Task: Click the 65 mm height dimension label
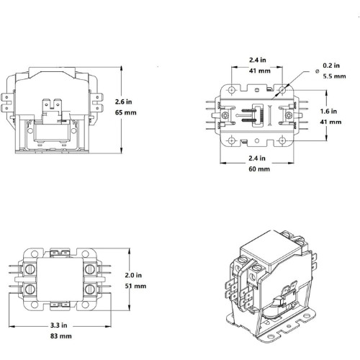click(125, 112)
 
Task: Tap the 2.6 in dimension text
click(123, 102)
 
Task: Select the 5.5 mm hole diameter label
click(334, 76)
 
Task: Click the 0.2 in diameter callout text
click(331, 66)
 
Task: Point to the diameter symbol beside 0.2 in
click(318, 71)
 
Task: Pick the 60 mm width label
click(259, 169)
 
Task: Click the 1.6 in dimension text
click(328, 111)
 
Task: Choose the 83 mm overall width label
click(61, 336)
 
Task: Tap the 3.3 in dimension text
click(59, 325)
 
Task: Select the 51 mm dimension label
click(135, 286)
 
